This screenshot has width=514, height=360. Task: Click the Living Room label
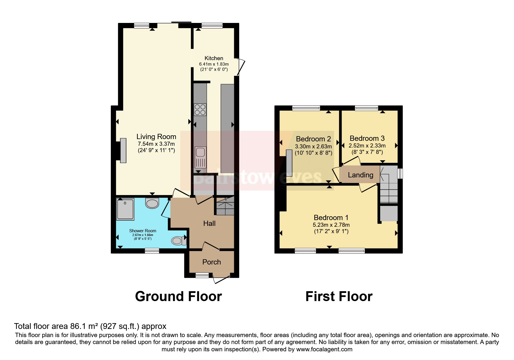(156, 136)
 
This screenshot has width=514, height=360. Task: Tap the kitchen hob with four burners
(200, 110)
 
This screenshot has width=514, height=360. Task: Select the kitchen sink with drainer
(200, 158)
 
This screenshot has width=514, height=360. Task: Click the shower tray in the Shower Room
(125, 209)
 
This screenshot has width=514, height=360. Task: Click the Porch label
(212, 262)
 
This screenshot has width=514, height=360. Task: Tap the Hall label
(209, 223)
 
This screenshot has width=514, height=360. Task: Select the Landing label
(360, 175)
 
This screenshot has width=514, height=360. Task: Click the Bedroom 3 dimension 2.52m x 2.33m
(367, 145)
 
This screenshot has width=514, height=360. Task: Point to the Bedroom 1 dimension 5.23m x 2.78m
(331, 225)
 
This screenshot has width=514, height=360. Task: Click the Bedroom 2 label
(313, 139)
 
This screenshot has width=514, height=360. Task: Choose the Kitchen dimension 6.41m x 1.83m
(214, 64)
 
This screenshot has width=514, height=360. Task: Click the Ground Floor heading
(178, 296)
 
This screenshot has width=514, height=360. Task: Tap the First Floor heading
(339, 296)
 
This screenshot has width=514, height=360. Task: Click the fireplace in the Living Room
(123, 151)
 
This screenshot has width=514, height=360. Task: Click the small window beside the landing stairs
(400, 174)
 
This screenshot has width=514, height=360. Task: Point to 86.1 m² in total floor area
(84, 326)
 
